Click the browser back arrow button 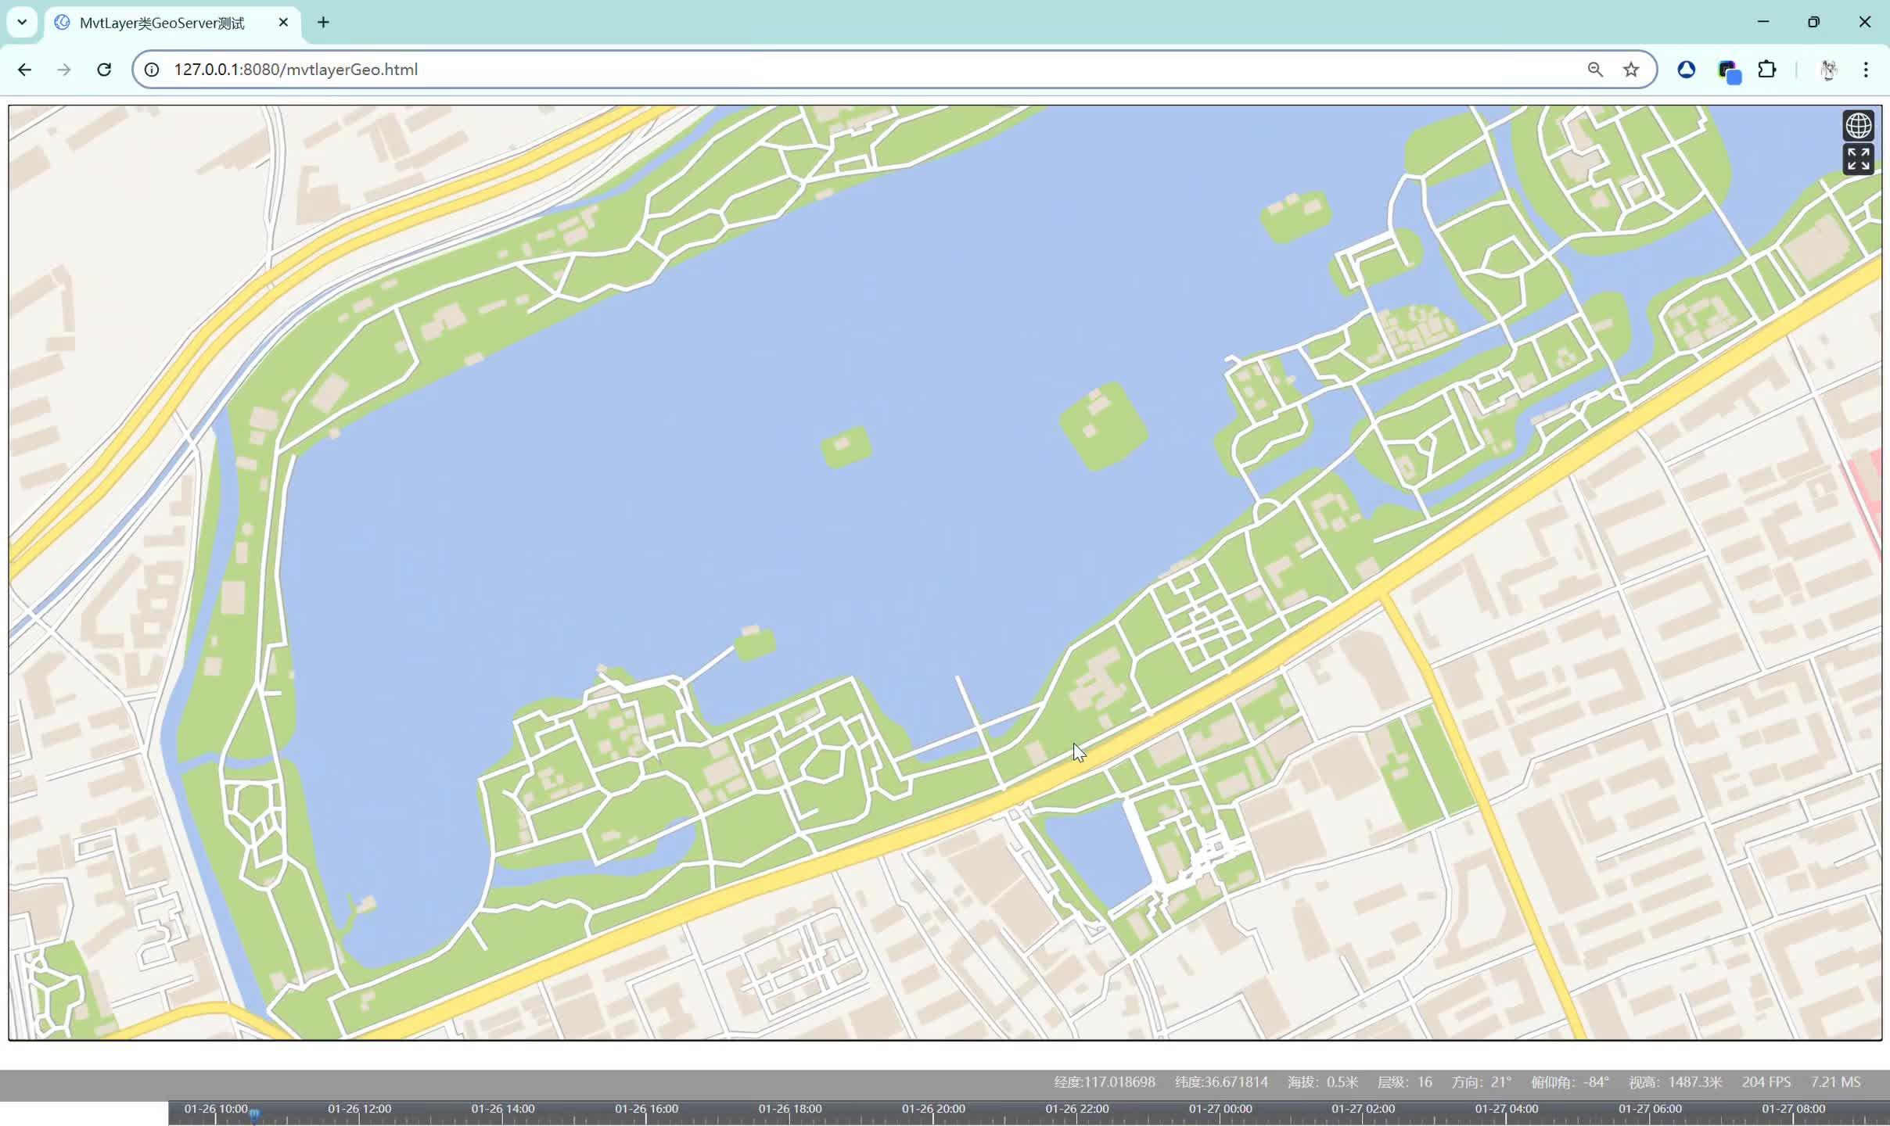pyautogui.click(x=24, y=70)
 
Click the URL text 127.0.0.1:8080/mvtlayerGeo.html pyautogui.click(x=296, y=70)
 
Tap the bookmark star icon pyautogui.click(x=1631, y=70)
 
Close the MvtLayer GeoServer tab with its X pyautogui.click(x=283, y=23)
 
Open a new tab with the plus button pyautogui.click(x=323, y=23)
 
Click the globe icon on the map pyautogui.click(x=1858, y=125)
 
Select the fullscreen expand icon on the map pyautogui.click(x=1858, y=160)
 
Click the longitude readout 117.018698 pyautogui.click(x=1104, y=1082)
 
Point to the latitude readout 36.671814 pyautogui.click(x=1221, y=1082)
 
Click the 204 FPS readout pyautogui.click(x=1766, y=1082)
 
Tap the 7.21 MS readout pyautogui.click(x=1835, y=1082)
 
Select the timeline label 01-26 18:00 pyautogui.click(x=789, y=1109)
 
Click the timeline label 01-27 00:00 pyautogui.click(x=1220, y=1109)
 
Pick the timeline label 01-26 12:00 pyautogui.click(x=359, y=1109)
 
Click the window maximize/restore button pyautogui.click(x=1813, y=22)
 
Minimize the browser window pyautogui.click(x=1763, y=22)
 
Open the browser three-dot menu pyautogui.click(x=1866, y=70)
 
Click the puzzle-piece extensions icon pyautogui.click(x=1767, y=70)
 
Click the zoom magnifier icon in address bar pyautogui.click(x=1595, y=70)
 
